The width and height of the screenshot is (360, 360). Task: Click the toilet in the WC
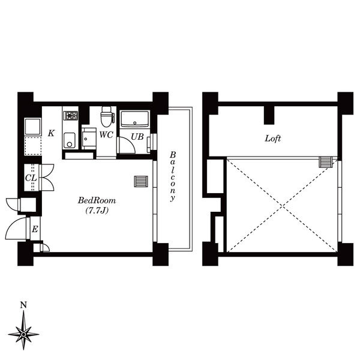(x=106, y=116)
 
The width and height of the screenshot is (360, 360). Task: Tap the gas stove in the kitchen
(x=71, y=115)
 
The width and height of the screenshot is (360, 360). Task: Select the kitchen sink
(x=70, y=140)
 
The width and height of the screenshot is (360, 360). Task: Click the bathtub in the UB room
(x=134, y=119)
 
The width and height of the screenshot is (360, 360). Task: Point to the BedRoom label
(x=97, y=200)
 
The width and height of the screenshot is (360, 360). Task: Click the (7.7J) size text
(x=97, y=211)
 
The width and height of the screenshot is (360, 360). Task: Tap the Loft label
(x=273, y=139)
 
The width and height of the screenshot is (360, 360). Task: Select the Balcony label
(x=173, y=176)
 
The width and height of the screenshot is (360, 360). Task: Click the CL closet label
(x=31, y=178)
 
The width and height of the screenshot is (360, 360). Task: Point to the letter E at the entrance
(x=35, y=229)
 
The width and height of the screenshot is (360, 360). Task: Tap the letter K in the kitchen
(x=52, y=133)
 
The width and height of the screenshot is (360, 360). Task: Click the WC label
(x=106, y=135)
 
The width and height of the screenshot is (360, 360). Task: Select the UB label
(x=137, y=137)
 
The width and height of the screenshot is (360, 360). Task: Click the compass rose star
(x=23, y=334)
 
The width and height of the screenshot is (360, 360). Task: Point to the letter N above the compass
(x=23, y=305)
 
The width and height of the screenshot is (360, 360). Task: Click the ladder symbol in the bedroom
(x=141, y=181)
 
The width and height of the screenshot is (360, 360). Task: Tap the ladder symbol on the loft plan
(x=326, y=162)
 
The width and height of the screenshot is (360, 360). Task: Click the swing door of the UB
(x=127, y=145)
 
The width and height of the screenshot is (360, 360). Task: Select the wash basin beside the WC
(x=89, y=139)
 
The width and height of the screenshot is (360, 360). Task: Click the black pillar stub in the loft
(x=269, y=115)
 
